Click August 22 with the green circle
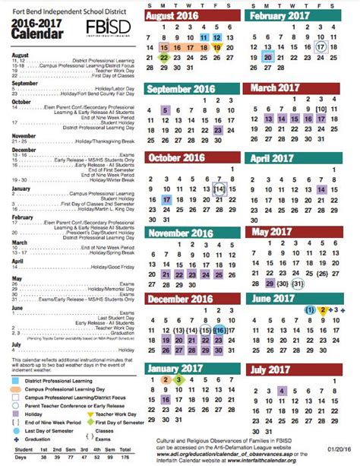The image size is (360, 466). coord(165,56)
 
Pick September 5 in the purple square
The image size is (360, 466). coord(165,109)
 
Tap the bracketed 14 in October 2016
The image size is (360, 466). coord(219,189)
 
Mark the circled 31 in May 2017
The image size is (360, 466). coord(298,284)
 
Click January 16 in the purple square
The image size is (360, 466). coord(165,400)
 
